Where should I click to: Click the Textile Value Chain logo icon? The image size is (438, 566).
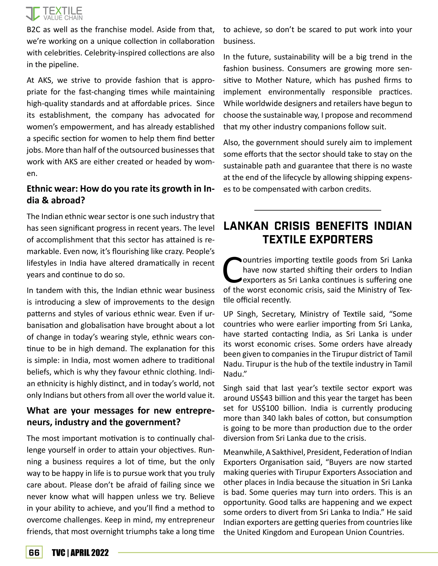coord(33,14)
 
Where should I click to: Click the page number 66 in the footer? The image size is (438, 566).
coord(34,553)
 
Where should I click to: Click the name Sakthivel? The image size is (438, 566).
coord(288,452)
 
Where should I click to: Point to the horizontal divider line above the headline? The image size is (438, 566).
coord(317,210)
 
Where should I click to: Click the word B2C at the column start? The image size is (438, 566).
coord(33,29)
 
